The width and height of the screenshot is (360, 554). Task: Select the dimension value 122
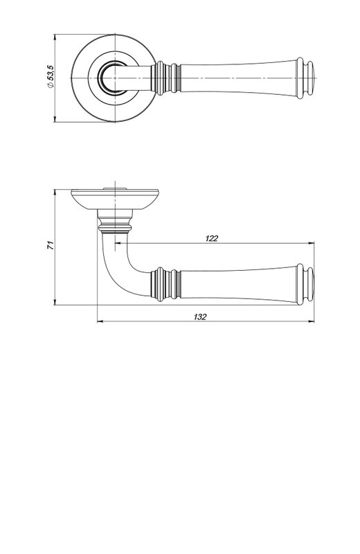coord(212,238)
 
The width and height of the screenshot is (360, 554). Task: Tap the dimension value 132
coord(200,317)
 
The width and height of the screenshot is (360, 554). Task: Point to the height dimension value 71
coord(51,245)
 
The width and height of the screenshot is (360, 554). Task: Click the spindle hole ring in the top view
coord(113,78)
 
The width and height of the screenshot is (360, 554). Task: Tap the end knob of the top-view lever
coord(305,78)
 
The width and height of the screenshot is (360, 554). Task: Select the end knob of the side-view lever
coord(305,284)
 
